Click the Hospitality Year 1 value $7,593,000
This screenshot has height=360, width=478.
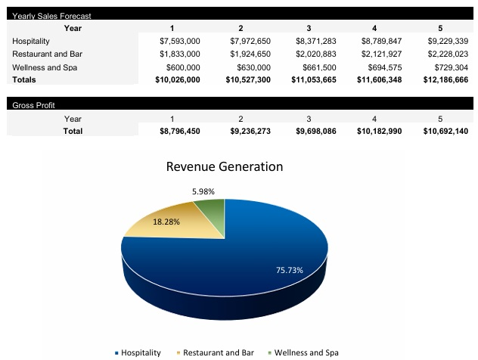pos(179,41)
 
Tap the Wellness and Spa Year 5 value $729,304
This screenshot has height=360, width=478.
pos(448,67)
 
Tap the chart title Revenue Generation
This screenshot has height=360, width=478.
pos(224,166)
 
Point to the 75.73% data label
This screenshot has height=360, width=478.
pos(290,270)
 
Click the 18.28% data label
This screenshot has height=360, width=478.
pos(166,222)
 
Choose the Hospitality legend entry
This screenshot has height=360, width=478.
pos(141,352)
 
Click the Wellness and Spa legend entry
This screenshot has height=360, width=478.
pos(306,352)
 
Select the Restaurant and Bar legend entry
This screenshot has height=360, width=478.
pos(218,352)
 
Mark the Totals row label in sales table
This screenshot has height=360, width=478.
pos(24,79)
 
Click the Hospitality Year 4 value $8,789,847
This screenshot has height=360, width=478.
pos(381,41)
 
